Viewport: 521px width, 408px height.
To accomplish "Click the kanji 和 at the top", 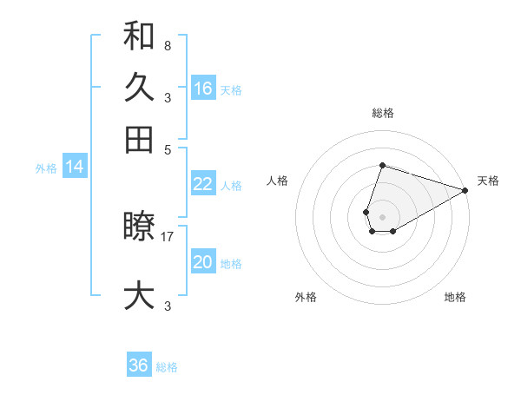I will tap(139, 36).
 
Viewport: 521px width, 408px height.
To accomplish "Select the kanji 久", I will tap(139, 88).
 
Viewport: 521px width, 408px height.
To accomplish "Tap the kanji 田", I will tap(139, 140).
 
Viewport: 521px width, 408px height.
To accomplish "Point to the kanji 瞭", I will tap(139, 227).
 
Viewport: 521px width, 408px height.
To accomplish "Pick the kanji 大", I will tap(139, 296).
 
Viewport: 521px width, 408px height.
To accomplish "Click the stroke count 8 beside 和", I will tap(167, 45).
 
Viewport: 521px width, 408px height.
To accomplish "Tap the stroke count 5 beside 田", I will tap(167, 149).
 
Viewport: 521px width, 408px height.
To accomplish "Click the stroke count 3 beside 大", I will tap(167, 306).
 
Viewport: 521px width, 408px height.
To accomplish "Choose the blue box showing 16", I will tap(203, 89).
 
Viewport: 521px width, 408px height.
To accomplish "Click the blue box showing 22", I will tap(203, 184).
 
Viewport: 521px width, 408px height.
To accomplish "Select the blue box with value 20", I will tap(203, 262).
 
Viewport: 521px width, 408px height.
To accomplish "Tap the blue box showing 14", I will tap(75, 167).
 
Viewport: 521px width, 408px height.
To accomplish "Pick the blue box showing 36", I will tap(139, 365).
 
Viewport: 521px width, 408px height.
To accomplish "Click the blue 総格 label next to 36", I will tap(167, 367).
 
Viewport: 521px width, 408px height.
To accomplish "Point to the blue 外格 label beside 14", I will tap(46, 168).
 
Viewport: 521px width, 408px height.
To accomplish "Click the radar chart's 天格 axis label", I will tap(489, 181).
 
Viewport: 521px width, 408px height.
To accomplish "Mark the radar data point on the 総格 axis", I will tap(382, 165).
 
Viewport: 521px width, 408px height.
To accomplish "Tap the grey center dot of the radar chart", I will tap(382, 215).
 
